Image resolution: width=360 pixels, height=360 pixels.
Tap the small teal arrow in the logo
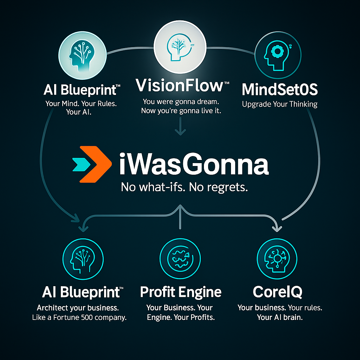(x=81, y=165)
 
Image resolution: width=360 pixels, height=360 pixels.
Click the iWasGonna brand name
(x=194, y=164)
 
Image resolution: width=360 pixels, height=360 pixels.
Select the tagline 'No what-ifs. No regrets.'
(x=184, y=187)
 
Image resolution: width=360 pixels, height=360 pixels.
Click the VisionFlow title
(x=182, y=85)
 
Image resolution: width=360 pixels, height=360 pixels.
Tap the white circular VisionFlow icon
(x=180, y=47)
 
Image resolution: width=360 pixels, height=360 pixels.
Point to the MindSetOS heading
(x=279, y=89)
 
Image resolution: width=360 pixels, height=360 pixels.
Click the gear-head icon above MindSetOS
(x=278, y=55)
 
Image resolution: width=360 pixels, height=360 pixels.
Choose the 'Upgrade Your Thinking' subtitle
(x=279, y=104)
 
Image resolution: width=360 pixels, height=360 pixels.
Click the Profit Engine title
(x=181, y=292)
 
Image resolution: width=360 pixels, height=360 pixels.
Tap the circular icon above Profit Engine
(x=180, y=259)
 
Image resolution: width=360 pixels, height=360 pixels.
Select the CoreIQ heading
(x=278, y=292)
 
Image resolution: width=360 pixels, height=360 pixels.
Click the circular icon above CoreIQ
(x=277, y=259)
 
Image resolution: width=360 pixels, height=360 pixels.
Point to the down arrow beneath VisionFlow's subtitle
(x=180, y=126)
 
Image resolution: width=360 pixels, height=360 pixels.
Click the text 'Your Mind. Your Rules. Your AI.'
(x=81, y=108)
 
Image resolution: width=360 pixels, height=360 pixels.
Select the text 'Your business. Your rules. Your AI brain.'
(x=280, y=313)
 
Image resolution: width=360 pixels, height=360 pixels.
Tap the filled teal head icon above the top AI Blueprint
(x=83, y=55)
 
